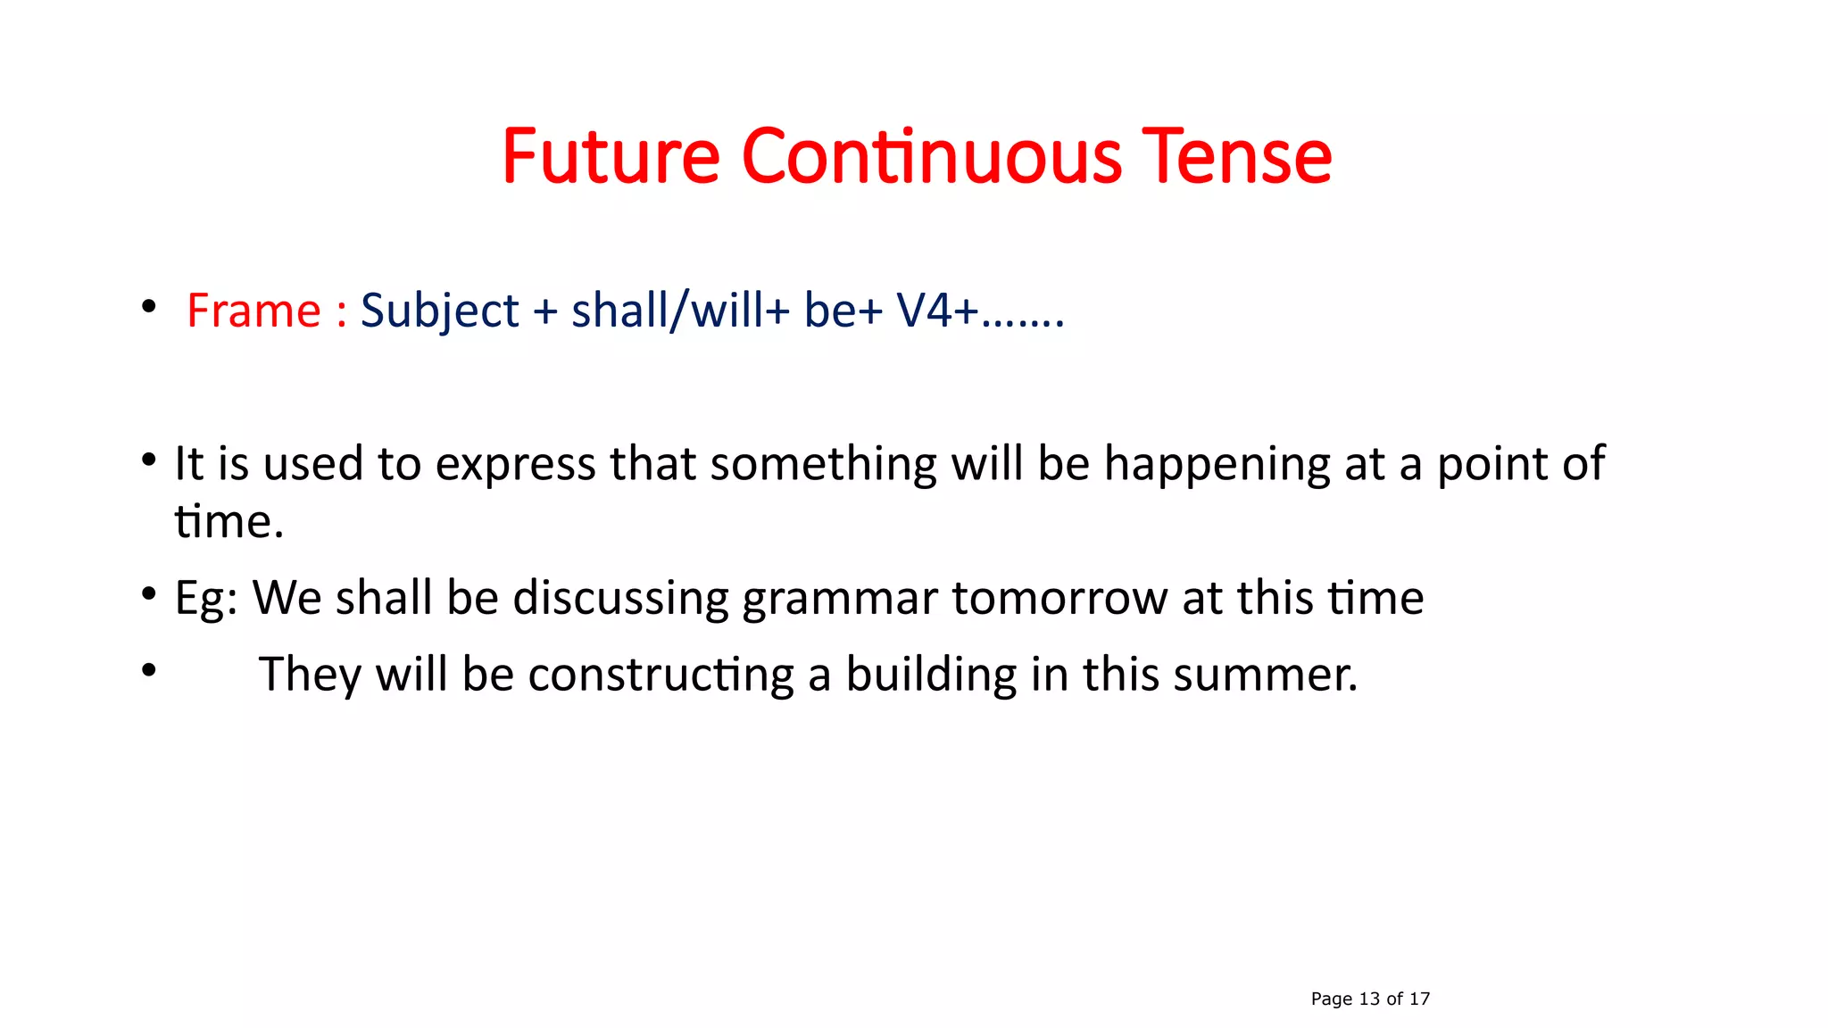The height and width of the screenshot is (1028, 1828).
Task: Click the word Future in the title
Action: point(611,157)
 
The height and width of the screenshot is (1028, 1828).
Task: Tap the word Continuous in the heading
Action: point(931,157)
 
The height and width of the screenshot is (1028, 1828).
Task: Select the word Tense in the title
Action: point(1236,157)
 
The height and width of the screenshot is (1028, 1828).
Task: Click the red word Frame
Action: point(253,311)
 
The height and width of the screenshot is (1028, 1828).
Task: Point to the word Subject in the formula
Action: point(439,311)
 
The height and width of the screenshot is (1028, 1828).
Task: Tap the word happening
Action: point(1217,465)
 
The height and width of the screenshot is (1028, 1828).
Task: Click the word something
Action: point(823,465)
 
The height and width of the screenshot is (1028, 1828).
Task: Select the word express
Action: point(515,465)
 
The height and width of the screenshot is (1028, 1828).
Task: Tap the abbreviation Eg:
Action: point(205,598)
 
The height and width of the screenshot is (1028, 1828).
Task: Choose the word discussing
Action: point(620,598)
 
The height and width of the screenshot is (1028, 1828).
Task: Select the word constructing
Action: point(661,675)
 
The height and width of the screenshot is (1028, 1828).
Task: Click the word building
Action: point(930,675)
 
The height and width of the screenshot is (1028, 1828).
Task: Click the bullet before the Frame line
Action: point(148,308)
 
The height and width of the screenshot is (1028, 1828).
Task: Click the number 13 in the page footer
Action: point(1369,999)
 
